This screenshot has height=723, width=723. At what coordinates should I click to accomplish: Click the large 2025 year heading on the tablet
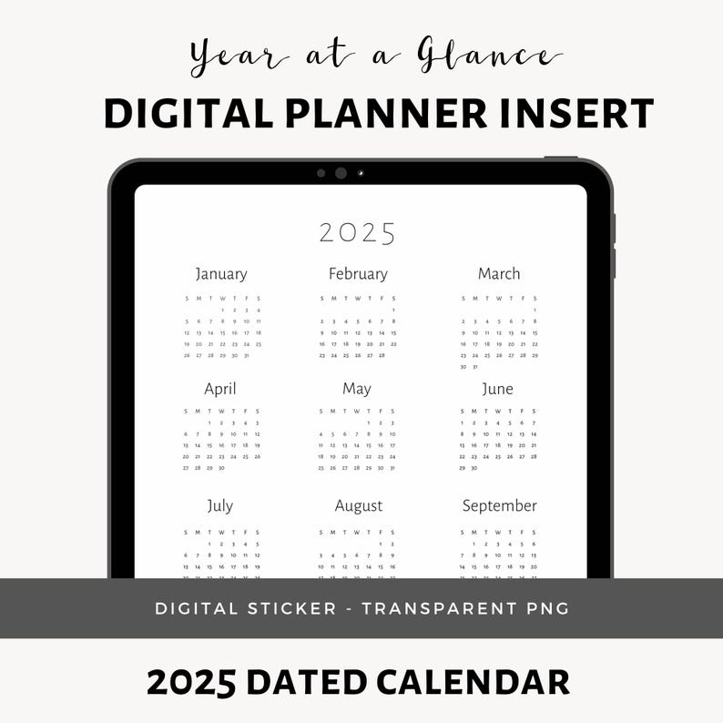pos(358,234)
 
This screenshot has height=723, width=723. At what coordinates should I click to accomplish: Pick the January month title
pos(221,274)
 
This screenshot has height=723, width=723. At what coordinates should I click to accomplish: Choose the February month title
pos(358,274)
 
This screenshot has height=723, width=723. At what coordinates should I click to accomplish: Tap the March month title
pos(499,274)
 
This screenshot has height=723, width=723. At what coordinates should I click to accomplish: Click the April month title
pos(220,390)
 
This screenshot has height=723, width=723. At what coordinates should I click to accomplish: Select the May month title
pos(357,390)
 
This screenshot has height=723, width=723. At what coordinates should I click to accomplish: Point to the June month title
pos(497,390)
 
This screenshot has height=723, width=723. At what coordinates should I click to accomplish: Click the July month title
pos(220,505)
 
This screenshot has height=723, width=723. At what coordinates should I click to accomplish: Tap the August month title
pos(359,506)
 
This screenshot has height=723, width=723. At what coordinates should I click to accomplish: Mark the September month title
pos(499,505)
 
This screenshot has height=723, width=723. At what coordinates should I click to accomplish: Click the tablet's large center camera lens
pos(341,173)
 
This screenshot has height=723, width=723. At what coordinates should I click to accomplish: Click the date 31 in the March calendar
pos(474,367)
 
